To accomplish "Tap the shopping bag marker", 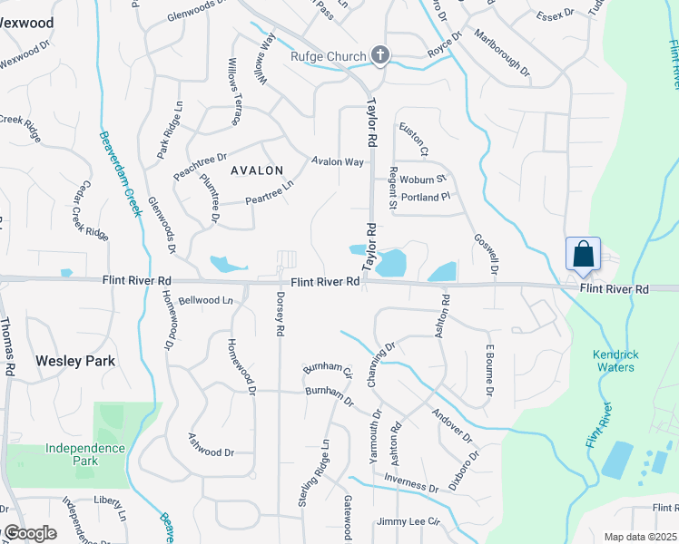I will [x=582, y=254].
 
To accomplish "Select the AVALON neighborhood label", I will [x=257, y=170].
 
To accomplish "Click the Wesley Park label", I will [x=75, y=361].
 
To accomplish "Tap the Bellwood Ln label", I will [x=205, y=300].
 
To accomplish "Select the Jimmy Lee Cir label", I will [x=408, y=522].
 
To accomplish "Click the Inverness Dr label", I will [x=411, y=482].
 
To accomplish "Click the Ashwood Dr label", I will [x=211, y=445].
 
